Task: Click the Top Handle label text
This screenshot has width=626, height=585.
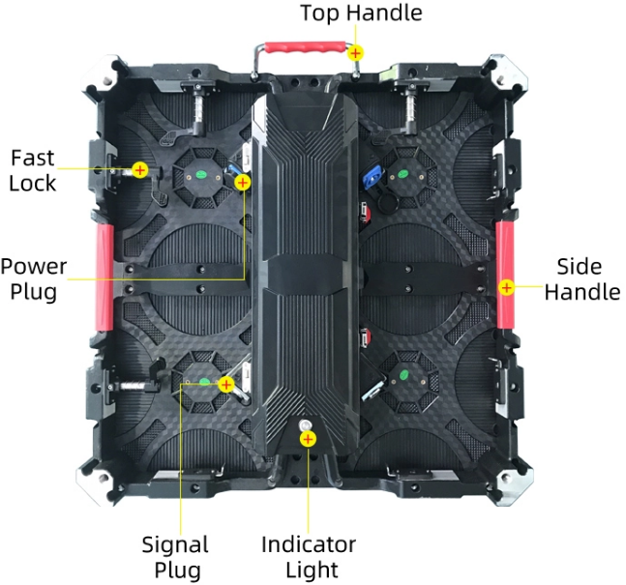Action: [x=361, y=13]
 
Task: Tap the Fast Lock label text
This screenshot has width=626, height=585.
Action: [x=33, y=170]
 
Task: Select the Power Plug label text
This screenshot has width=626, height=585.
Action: [x=34, y=278]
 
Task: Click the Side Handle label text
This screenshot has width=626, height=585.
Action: [x=582, y=278]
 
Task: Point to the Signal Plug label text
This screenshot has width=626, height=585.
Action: [x=176, y=557]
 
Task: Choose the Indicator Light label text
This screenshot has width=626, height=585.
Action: [x=309, y=557]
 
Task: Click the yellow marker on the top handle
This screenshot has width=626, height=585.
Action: [x=355, y=53]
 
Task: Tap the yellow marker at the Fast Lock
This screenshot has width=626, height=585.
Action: [x=139, y=170]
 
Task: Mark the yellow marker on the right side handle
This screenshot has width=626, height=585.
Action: [x=506, y=287]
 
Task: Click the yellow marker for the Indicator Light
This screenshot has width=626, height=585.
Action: [x=308, y=439]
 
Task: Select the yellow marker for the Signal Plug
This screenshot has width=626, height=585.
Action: [x=226, y=384]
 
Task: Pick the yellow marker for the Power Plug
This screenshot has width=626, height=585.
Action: [x=242, y=183]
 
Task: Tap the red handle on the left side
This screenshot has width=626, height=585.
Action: [x=104, y=278]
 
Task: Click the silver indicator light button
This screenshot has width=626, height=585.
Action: [x=307, y=424]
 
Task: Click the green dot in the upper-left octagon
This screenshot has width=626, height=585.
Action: [x=201, y=174]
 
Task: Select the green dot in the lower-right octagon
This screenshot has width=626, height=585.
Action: [x=404, y=375]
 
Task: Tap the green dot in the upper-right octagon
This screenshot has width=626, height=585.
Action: [x=402, y=174]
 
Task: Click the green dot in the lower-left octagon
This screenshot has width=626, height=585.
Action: [x=204, y=382]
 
